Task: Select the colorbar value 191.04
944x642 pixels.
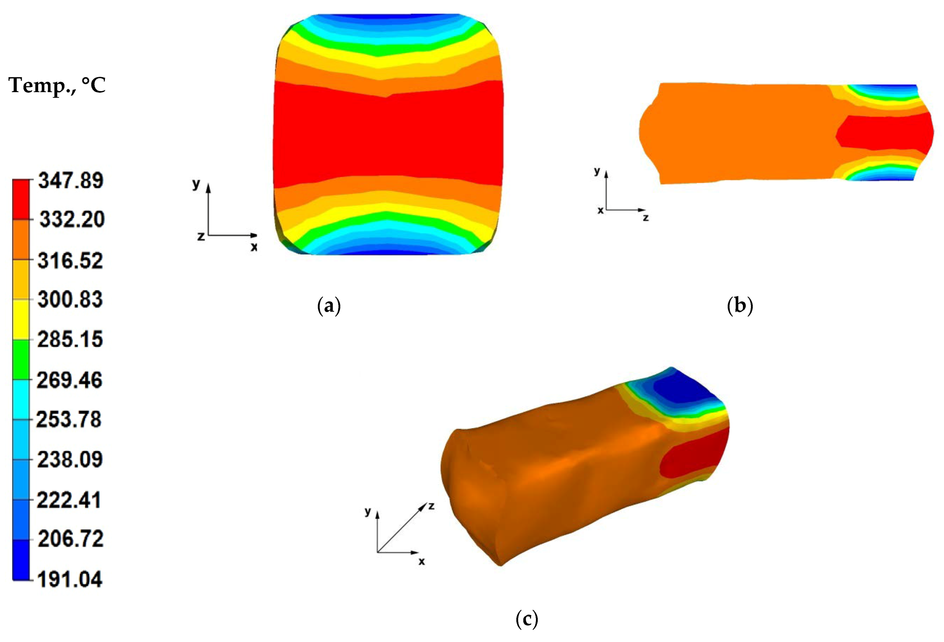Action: [70, 579]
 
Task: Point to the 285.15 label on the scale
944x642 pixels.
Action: [70, 339]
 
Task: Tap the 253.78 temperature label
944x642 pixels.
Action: [69, 419]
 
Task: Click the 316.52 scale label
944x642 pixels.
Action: [70, 261]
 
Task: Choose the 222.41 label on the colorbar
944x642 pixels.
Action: [69, 499]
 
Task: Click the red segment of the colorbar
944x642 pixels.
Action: [21, 199]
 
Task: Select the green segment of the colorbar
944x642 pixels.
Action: [21, 360]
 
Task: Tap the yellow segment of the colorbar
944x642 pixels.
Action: [21, 320]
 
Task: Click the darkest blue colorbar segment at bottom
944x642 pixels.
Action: [21, 559]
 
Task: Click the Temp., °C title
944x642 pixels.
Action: [57, 86]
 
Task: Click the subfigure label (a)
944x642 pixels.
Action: [329, 306]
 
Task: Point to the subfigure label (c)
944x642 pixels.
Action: [526, 619]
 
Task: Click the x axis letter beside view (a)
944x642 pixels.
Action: [254, 247]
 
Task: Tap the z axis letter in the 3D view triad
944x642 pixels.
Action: [431, 506]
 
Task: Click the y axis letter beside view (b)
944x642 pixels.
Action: [597, 171]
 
